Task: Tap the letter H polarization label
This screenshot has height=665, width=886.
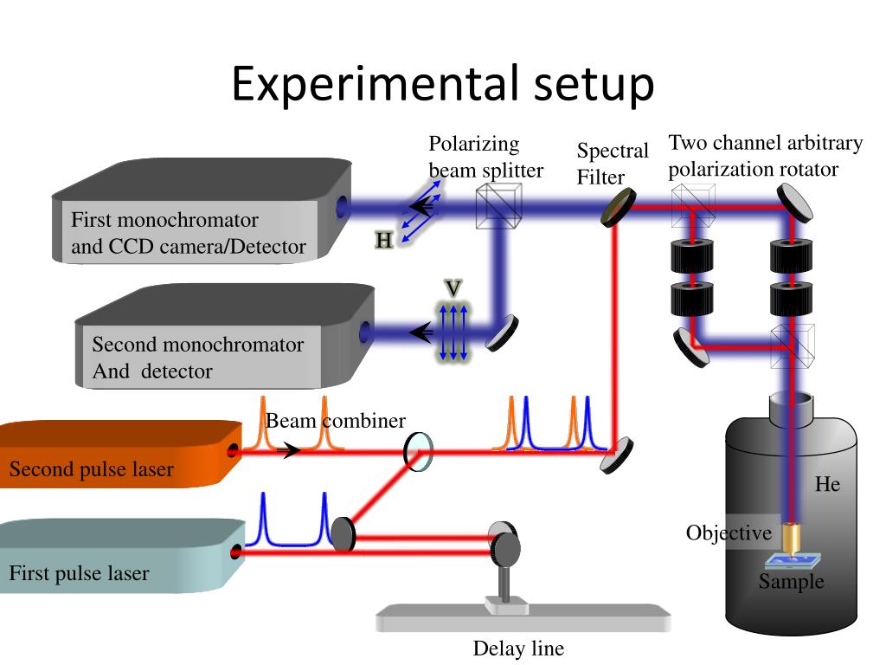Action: tap(384, 241)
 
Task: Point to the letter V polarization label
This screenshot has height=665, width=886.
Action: tap(453, 288)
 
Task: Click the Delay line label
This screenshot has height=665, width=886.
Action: tap(518, 648)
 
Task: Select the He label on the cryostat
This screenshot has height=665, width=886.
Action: tap(827, 484)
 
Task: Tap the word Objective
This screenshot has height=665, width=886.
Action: tap(729, 533)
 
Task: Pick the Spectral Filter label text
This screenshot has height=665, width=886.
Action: tap(613, 164)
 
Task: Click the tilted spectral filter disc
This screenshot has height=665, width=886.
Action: tap(618, 208)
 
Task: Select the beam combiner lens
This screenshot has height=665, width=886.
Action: tap(418, 452)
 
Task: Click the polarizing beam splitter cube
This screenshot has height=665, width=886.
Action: tap(498, 207)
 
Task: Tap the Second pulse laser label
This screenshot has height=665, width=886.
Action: tap(91, 468)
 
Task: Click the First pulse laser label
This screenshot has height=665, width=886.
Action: tap(79, 573)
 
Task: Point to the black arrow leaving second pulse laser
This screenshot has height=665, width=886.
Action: tap(288, 450)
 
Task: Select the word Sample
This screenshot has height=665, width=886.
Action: tap(791, 581)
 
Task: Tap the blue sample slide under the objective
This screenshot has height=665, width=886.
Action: tap(793, 561)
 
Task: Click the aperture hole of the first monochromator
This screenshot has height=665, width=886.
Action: tap(342, 206)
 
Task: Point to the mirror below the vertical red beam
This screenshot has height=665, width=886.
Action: tap(616, 455)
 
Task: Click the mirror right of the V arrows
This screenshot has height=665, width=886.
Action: tap(502, 333)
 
